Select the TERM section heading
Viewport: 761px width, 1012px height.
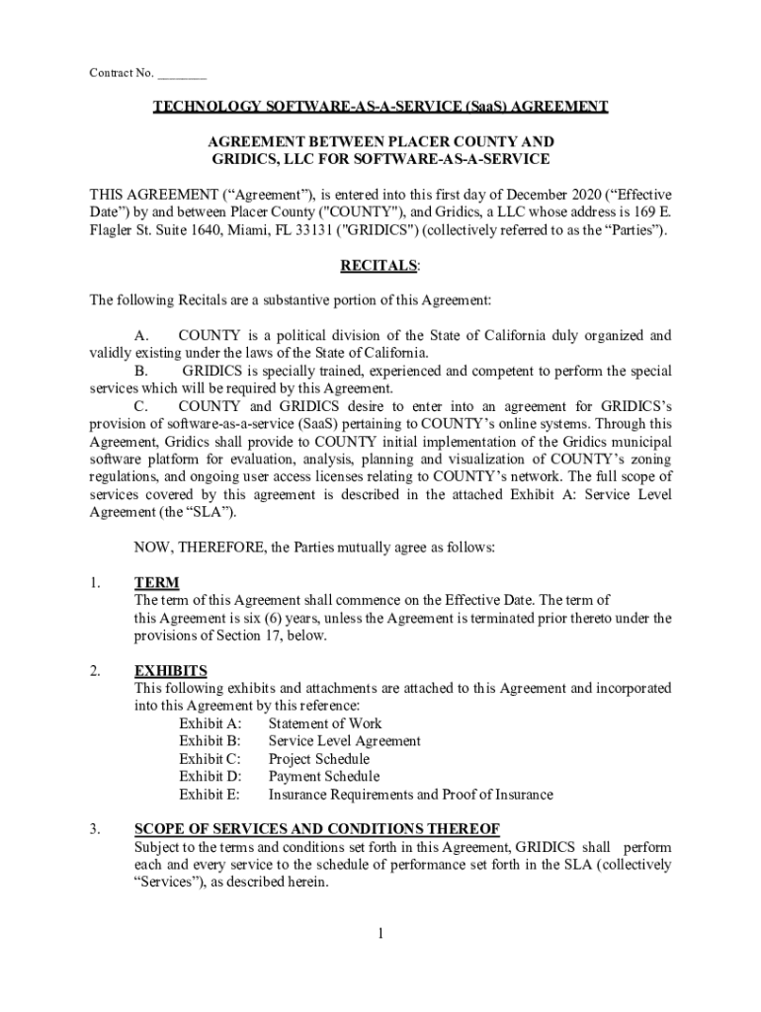point(156,583)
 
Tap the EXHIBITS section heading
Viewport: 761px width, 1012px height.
point(170,671)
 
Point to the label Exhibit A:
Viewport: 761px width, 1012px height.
point(210,723)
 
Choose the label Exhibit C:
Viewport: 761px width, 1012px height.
point(210,759)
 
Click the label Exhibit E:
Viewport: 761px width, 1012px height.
point(210,795)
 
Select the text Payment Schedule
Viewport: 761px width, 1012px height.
point(323,777)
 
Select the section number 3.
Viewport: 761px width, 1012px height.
point(94,829)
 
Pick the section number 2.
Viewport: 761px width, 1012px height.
point(94,671)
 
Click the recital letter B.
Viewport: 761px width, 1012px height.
point(142,371)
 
